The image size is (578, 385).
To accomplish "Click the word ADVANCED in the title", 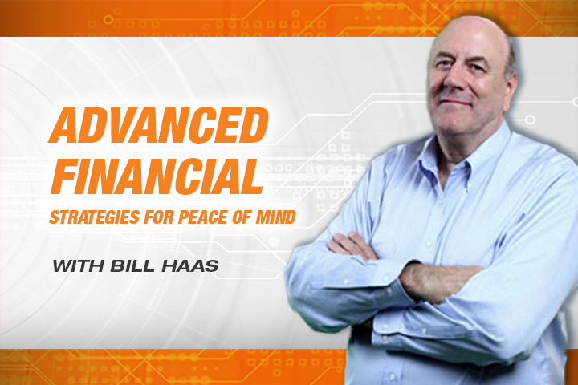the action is (x=159, y=125).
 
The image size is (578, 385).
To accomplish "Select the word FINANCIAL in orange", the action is (x=157, y=176).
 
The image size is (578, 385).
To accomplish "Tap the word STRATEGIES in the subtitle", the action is (x=95, y=217).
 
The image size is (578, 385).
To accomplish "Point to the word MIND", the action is (x=276, y=217).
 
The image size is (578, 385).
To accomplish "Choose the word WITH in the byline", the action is (x=78, y=266).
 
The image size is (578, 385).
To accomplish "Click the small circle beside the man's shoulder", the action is (x=530, y=120).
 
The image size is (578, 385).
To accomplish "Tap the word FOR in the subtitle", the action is (x=159, y=217).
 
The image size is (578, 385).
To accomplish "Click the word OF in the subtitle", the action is (x=242, y=217).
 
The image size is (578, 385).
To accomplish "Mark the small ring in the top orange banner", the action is (x=108, y=19).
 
